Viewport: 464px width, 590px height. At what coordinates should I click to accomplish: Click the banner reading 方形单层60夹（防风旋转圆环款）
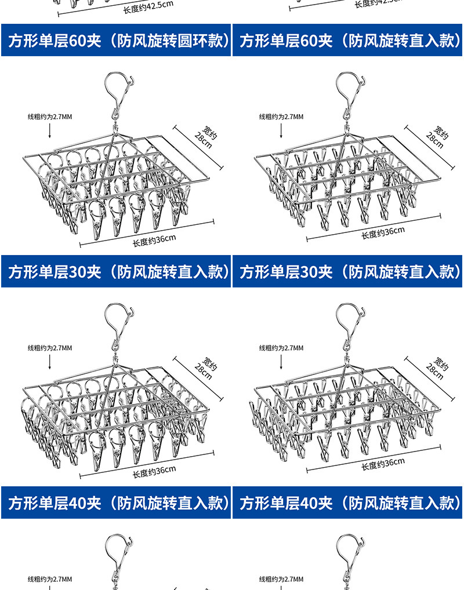click(x=116, y=41)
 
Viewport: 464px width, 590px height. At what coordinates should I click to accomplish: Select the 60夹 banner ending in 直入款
click(x=348, y=41)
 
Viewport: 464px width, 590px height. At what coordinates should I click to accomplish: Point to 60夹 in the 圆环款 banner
click(x=85, y=41)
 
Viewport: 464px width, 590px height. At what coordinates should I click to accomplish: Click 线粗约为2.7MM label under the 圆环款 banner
click(x=50, y=116)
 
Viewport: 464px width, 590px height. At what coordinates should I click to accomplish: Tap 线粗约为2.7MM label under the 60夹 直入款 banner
click(x=281, y=116)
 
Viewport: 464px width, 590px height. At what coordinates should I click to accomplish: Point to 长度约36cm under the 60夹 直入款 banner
click(x=383, y=232)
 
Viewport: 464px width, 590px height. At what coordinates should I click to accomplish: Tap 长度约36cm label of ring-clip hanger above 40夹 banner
click(x=154, y=471)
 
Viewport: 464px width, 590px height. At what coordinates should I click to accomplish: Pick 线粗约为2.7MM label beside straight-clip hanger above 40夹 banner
click(x=281, y=348)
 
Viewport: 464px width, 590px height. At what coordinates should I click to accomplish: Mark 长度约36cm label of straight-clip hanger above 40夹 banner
click(x=383, y=464)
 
